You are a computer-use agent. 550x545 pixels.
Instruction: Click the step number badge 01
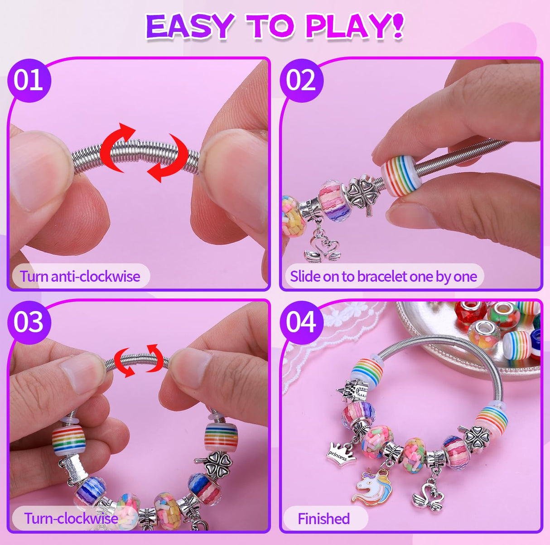pos(29,81)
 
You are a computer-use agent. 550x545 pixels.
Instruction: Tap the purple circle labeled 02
pos(301,81)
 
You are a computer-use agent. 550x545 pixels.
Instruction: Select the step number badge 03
pos(29,322)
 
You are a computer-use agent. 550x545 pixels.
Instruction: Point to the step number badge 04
pos(301,322)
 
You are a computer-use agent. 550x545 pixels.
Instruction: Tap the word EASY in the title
pos(190,26)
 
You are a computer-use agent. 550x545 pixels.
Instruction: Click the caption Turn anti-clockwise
pos(80,276)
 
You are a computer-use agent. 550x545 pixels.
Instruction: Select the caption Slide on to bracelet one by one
pos(383,276)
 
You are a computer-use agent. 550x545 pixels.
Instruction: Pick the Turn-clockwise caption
pos(71,518)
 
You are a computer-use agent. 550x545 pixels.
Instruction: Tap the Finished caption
pos(323,518)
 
